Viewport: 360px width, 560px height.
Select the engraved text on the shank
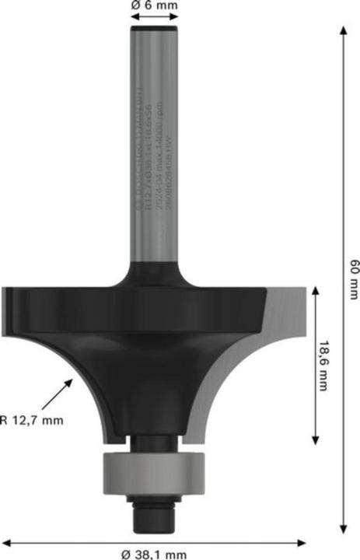[152, 148]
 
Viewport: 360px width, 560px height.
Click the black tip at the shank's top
[152, 29]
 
